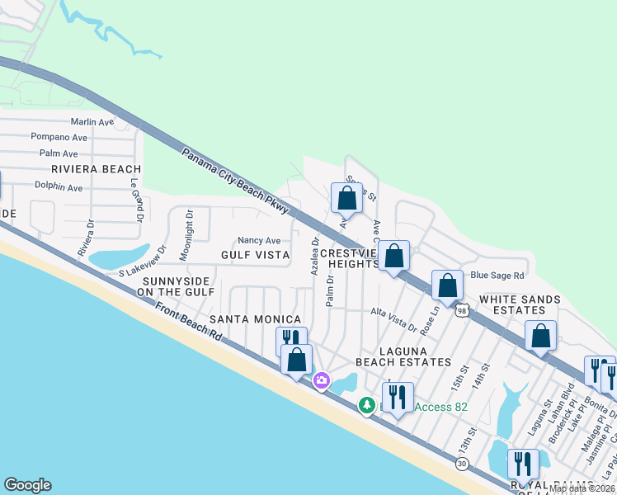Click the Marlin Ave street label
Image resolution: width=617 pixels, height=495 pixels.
pyautogui.click(x=94, y=122)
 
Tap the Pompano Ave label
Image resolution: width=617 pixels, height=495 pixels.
pyautogui.click(x=59, y=137)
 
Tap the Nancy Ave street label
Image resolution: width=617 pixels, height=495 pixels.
pyautogui.click(x=259, y=241)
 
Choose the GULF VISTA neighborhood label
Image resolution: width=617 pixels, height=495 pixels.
pyautogui.click(x=255, y=256)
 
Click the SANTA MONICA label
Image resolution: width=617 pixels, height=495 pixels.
pyautogui.click(x=255, y=318)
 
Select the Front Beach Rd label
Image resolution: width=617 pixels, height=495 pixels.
pyautogui.click(x=187, y=320)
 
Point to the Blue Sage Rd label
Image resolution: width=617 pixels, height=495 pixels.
pyautogui.click(x=497, y=276)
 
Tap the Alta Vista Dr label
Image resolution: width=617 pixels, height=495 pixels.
pyautogui.click(x=394, y=318)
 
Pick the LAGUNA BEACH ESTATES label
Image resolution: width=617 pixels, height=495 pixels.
pyautogui.click(x=403, y=356)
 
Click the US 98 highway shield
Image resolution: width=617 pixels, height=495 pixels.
pyautogui.click(x=462, y=309)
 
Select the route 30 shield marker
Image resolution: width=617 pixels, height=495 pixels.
pyautogui.click(x=462, y=465)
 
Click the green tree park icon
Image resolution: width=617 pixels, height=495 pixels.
pyautogui.click(x=365, y=404)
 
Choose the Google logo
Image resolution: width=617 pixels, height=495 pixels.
pyautogui.click(x=27, y=485)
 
